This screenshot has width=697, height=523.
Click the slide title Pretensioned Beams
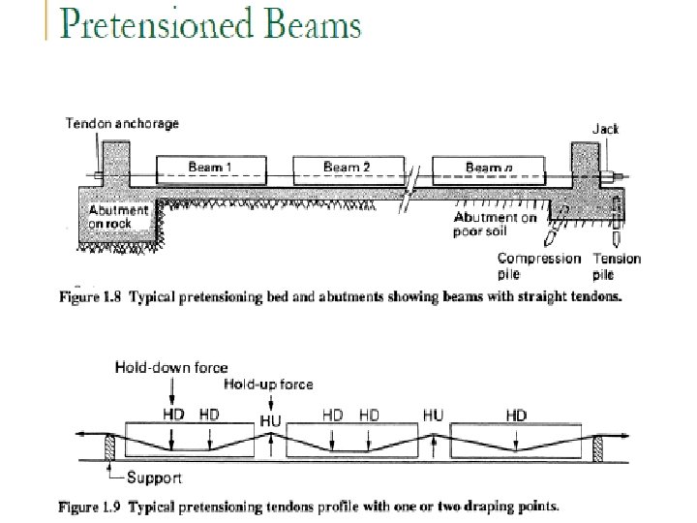point(210,23)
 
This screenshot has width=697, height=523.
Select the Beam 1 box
point(208,169)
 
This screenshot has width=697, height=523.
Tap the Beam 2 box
point(346,169)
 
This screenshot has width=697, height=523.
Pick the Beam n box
point(488,169)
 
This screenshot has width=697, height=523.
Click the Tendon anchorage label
point(122,124)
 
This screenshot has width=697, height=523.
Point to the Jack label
point(606,128)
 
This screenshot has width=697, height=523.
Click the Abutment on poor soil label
point(495,225)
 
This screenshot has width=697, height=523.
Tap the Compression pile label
point(538,265)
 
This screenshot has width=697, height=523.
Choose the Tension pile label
point(616,265)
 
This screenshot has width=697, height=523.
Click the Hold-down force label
point(171,367)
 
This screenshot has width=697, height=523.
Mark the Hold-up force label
point(268,385)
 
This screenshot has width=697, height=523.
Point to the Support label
point(154,477)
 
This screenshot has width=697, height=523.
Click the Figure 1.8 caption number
point(90,297)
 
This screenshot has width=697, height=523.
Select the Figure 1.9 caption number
point(90,506)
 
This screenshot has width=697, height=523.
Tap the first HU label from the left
point(271,419)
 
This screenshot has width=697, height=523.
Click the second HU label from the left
point(433,415)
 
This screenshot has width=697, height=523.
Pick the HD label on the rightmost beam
point(516,415)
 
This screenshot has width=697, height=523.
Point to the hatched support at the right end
point(599,448)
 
